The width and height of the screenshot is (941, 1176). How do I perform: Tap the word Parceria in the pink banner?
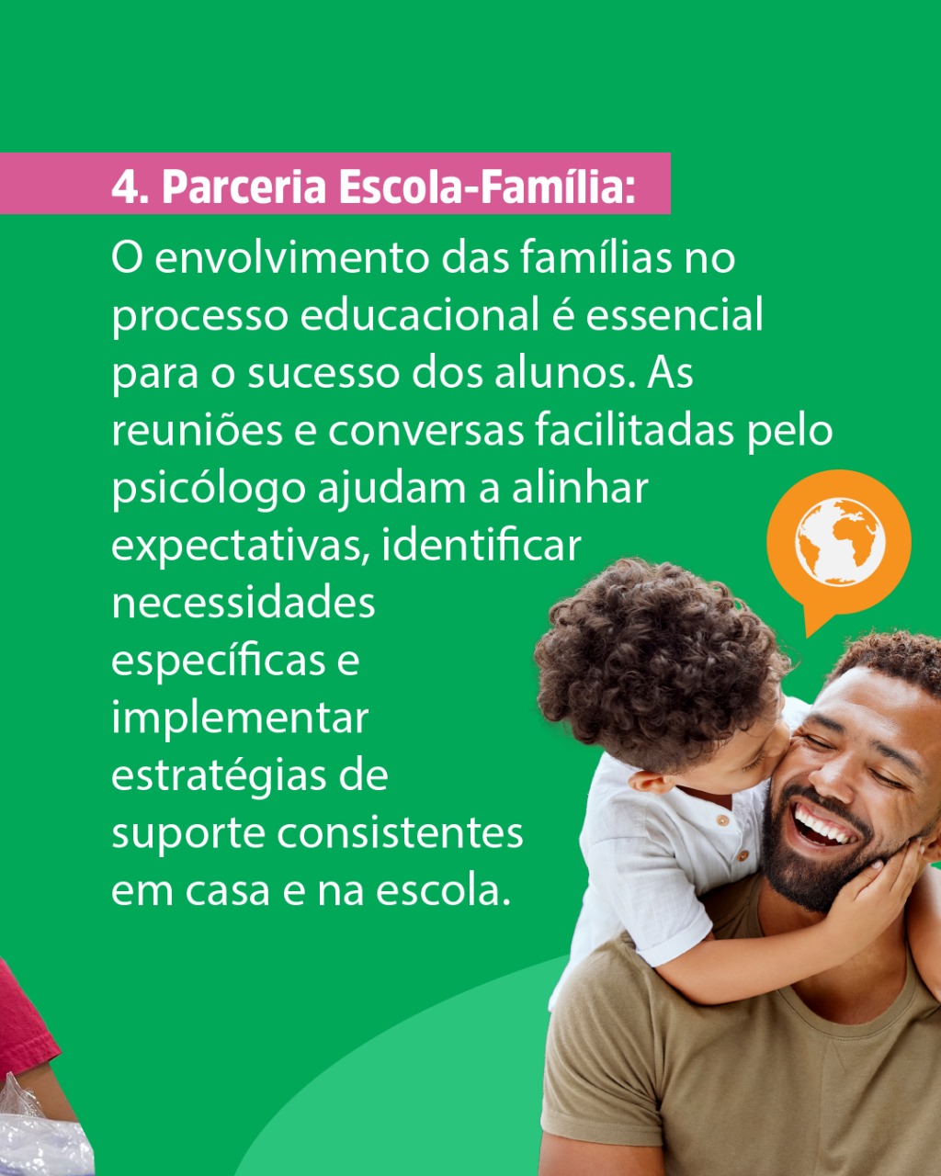coord(244,187)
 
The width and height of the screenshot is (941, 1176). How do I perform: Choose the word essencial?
coord(675,315)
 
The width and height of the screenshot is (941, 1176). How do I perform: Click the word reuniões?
coord(198,430)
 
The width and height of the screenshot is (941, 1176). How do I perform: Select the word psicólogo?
coord(209,489)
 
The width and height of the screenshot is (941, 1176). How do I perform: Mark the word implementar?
coord(240,719)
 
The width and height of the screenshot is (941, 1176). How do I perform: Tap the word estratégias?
coord(218,776)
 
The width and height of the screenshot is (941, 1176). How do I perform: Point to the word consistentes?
coord(401,834)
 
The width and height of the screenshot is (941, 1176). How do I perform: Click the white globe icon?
coord(840,542)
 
